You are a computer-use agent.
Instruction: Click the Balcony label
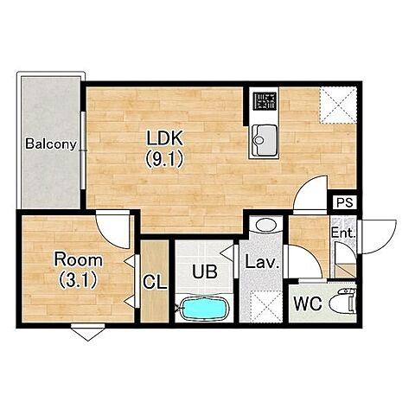(51, 144)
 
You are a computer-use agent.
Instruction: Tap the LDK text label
(165, 138)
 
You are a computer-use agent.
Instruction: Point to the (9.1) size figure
(164, 159)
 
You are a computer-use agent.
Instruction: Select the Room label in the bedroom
(79, 260)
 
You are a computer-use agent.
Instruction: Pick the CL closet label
(155, 283)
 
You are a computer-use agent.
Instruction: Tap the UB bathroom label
(205, 271)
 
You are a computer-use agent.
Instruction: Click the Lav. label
(262, 263)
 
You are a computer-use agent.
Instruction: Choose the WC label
(308, 303)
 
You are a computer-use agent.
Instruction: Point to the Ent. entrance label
(342, 233)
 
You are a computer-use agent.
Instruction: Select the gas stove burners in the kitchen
(265, 101)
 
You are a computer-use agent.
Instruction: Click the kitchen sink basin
(265, 140)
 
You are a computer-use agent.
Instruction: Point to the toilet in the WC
(343, 302)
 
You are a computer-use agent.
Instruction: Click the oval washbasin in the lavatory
(265, 225)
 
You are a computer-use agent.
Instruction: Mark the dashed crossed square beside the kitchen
(338, 105)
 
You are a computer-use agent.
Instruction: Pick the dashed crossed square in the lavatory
(265, 306)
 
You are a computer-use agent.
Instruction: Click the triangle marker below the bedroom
(88, 333)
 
